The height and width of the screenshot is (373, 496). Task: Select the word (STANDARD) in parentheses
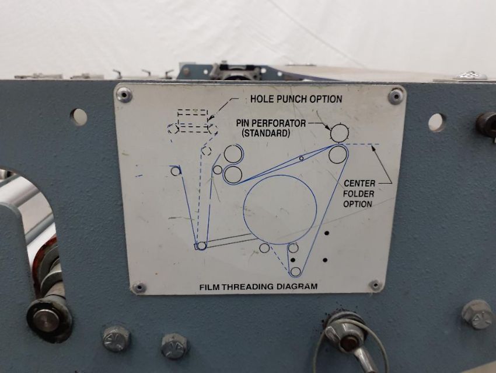click(x=266, y=133)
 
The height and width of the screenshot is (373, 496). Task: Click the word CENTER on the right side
click(x=359, y=183)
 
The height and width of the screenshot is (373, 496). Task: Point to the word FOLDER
click(x=359, y=194)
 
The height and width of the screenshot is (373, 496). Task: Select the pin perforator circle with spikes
click(x=339, y=133)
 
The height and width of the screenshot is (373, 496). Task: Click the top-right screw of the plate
click(x=395, y=96)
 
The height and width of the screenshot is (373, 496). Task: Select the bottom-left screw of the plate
click(x=139, y=288)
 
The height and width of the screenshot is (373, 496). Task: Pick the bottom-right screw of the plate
click(x=375, y=285)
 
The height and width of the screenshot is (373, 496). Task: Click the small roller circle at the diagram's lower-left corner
click(x=202, y=246)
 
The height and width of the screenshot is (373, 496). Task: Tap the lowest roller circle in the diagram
click(x=295, y=272)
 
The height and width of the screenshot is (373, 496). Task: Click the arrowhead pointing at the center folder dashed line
click(x=373, y=148)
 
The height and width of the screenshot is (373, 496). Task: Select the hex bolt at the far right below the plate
click(x=477, y=315)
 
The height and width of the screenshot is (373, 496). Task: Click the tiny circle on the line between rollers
click(x=302, y=158)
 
